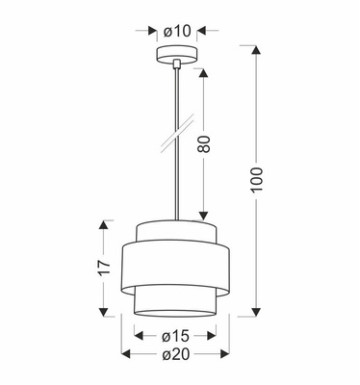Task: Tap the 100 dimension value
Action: coord(257,182)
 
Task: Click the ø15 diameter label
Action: coord(175,336)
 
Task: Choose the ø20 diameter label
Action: coord(175,353)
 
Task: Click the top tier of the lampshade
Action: coord(175,231)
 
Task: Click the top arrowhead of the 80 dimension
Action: coord(205,73)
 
